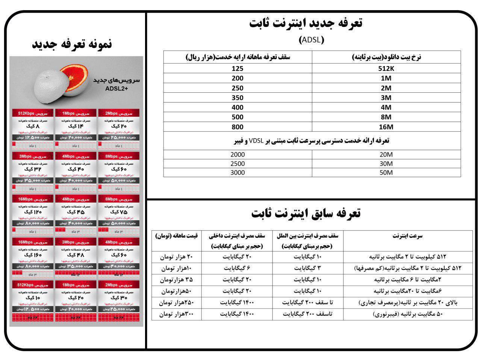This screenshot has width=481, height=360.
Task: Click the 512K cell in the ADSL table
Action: pos(386,69)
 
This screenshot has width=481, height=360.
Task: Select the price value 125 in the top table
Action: pos(237,69)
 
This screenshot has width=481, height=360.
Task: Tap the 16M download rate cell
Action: pos(386,127)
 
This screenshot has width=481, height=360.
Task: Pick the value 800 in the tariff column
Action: pos(237,127)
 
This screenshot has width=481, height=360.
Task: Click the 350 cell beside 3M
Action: pos(237,98)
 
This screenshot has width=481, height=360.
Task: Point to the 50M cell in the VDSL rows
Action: pos(386,173)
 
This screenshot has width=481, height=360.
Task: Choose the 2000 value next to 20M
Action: pos(237,154)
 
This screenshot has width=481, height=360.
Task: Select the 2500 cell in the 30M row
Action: pos(237,164)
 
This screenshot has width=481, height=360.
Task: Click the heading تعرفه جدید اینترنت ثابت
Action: pos(306,23)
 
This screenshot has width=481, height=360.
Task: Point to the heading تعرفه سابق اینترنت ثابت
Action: pos(306,213)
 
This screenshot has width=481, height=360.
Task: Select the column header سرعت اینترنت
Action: pos(407,236)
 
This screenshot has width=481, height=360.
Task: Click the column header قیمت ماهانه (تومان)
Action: pos(176,236)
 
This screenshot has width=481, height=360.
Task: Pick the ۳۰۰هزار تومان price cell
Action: pos(176,314)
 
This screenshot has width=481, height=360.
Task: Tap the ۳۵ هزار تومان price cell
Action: pos(176,280)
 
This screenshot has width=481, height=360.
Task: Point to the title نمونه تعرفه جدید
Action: pos(72,44)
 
